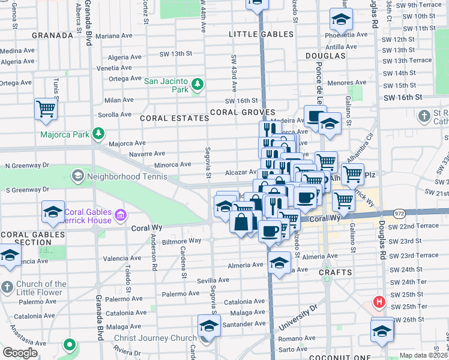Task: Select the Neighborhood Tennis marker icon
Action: coord(77,176)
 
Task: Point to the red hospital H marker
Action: coord(379,302)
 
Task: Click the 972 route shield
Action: coord(399,213)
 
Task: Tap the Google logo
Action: coord(20,353)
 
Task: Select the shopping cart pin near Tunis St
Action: coord(46,109)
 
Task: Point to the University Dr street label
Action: coord(297,319)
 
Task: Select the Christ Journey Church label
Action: coord(155,338)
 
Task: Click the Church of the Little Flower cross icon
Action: coord(7,286)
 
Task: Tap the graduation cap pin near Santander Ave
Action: coord(209,326)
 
